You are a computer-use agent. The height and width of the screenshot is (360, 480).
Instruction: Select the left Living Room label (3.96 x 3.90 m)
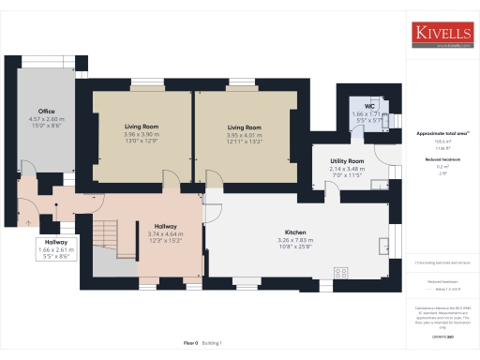pyautogui.click(x=142, y=126)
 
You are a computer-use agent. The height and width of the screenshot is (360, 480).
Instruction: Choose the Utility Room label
pyautogui.click(x=347, y=161)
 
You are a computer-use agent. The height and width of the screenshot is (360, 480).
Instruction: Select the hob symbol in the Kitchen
pyautogui.click(x=340, y=273)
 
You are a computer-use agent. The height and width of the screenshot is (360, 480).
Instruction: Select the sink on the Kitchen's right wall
pyautogui.click(x=383, y=246)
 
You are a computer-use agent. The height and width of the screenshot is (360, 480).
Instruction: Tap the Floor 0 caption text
pyautogui.click(x=189, y=344)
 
